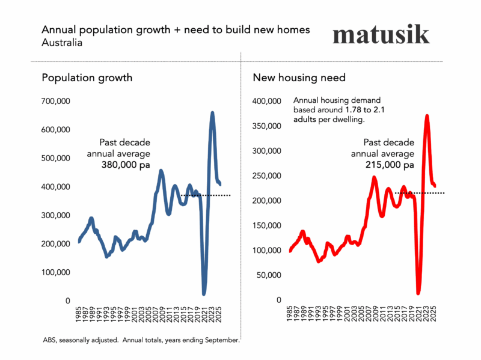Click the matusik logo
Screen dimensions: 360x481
pyautogui.click(x=381, y=34)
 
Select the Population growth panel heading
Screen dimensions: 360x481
pyautogui.click(x=87, y=78)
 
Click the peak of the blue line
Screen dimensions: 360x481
pyautogui.click(x=212, y=113)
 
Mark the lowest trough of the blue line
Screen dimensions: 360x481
pyautogui.click(x=204, y=293)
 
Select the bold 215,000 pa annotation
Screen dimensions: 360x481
pyautogui.click(x=390, y=165)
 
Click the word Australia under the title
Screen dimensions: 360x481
pyautogui.click(x=61, y=43)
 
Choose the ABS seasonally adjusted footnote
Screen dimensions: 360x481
pyautogui.click(x=141, y=340)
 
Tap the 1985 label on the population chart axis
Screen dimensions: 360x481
pyautogui.click(x=79, y=316)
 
